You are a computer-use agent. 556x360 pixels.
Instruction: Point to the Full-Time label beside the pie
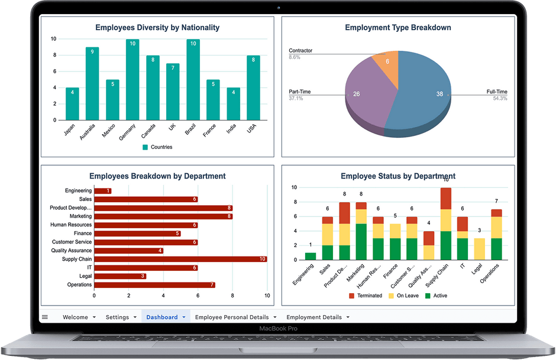pos(496,92)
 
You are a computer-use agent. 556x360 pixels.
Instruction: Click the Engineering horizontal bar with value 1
pos(102,191)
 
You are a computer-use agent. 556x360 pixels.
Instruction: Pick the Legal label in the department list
pos(85,276)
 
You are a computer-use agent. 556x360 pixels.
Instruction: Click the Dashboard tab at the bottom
pos(162,317)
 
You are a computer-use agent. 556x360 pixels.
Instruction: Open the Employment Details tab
pos(314,317)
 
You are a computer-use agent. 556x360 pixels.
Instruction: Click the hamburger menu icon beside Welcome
pos(45,317)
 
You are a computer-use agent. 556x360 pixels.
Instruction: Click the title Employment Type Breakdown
pos(397,27)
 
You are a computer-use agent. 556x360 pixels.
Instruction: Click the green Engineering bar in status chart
pos(310,256)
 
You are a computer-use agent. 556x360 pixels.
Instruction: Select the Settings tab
pos(117,317)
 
